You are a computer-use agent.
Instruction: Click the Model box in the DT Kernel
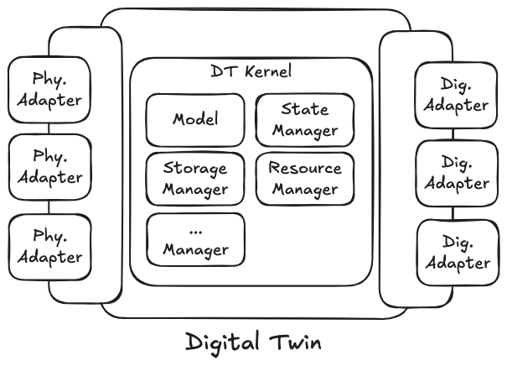pyautogui.click(x=195, y=119)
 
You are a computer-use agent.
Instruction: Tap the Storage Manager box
pyautogui.click(x=195, y=178)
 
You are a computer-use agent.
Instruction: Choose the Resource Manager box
pyautogui.click(x=304, y=178)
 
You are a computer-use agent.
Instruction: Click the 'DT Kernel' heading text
pyautogui.click(x=251, y=72)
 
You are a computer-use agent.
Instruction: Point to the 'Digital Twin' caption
pyautogui.click(x=252, y=342)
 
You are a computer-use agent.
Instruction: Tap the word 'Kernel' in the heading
pyautogui.click(x=269, y=72)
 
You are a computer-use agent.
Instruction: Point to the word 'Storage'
pyautogui.click(x=195, y=169)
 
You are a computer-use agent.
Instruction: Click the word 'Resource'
pyautogui.click(x=305, y=168)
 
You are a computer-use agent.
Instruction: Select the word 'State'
pyautogui.click(x=305, y=109)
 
